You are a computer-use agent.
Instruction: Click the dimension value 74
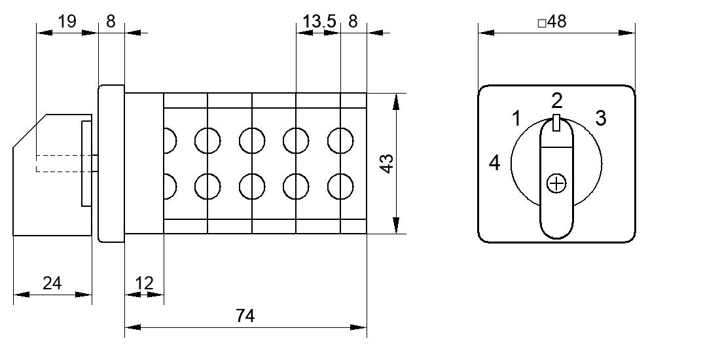(245, 316)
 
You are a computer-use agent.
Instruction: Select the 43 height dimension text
(387, 164)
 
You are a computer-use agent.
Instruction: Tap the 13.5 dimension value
(319, 21)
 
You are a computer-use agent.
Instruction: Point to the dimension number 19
(67, 21)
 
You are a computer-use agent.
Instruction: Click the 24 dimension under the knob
(52, 283)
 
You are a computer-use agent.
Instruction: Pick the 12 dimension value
(144, 283)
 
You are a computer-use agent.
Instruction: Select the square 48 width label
(552, 22)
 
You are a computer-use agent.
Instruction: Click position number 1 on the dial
(516, 118)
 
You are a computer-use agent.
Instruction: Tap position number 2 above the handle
(557, 101)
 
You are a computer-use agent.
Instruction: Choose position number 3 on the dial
(601, 118)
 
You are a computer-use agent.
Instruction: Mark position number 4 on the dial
(494, 163)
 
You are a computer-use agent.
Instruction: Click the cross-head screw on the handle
(556, 184)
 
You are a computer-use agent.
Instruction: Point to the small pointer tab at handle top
(556, 123)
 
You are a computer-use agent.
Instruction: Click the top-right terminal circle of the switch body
(340, 141)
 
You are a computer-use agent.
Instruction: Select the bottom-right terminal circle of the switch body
(340, 187)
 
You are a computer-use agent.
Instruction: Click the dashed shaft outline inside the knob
(64, 164)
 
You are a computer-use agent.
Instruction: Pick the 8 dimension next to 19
(111, 21)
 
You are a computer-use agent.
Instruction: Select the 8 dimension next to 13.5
(353, 21)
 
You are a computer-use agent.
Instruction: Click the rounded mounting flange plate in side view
(111, 164)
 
